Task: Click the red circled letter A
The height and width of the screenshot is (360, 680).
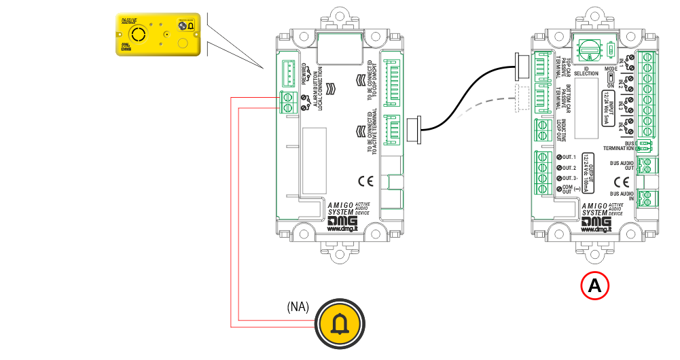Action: (x=594, y=286)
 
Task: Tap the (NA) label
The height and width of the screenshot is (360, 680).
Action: (x=298, y=306)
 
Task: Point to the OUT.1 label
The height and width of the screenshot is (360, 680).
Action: (x=567, y=158)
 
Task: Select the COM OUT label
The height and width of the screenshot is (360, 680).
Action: (x=567, y=189)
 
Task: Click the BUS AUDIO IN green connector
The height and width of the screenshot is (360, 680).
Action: (x=647, y=198)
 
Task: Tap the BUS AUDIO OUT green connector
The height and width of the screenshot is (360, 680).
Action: (x=647, y=165)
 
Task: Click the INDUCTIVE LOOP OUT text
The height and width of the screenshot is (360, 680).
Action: (x=562, y=128)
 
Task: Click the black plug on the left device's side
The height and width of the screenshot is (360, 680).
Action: (x=414, y=128)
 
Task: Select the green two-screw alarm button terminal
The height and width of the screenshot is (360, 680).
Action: (x=287, y=103)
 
